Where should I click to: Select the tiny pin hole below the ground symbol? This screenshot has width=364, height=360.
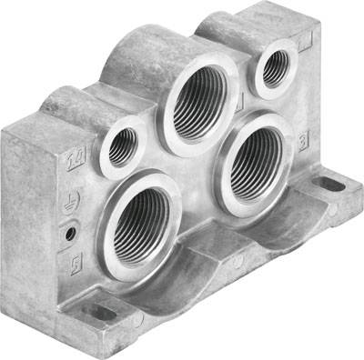coord(70,234)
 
